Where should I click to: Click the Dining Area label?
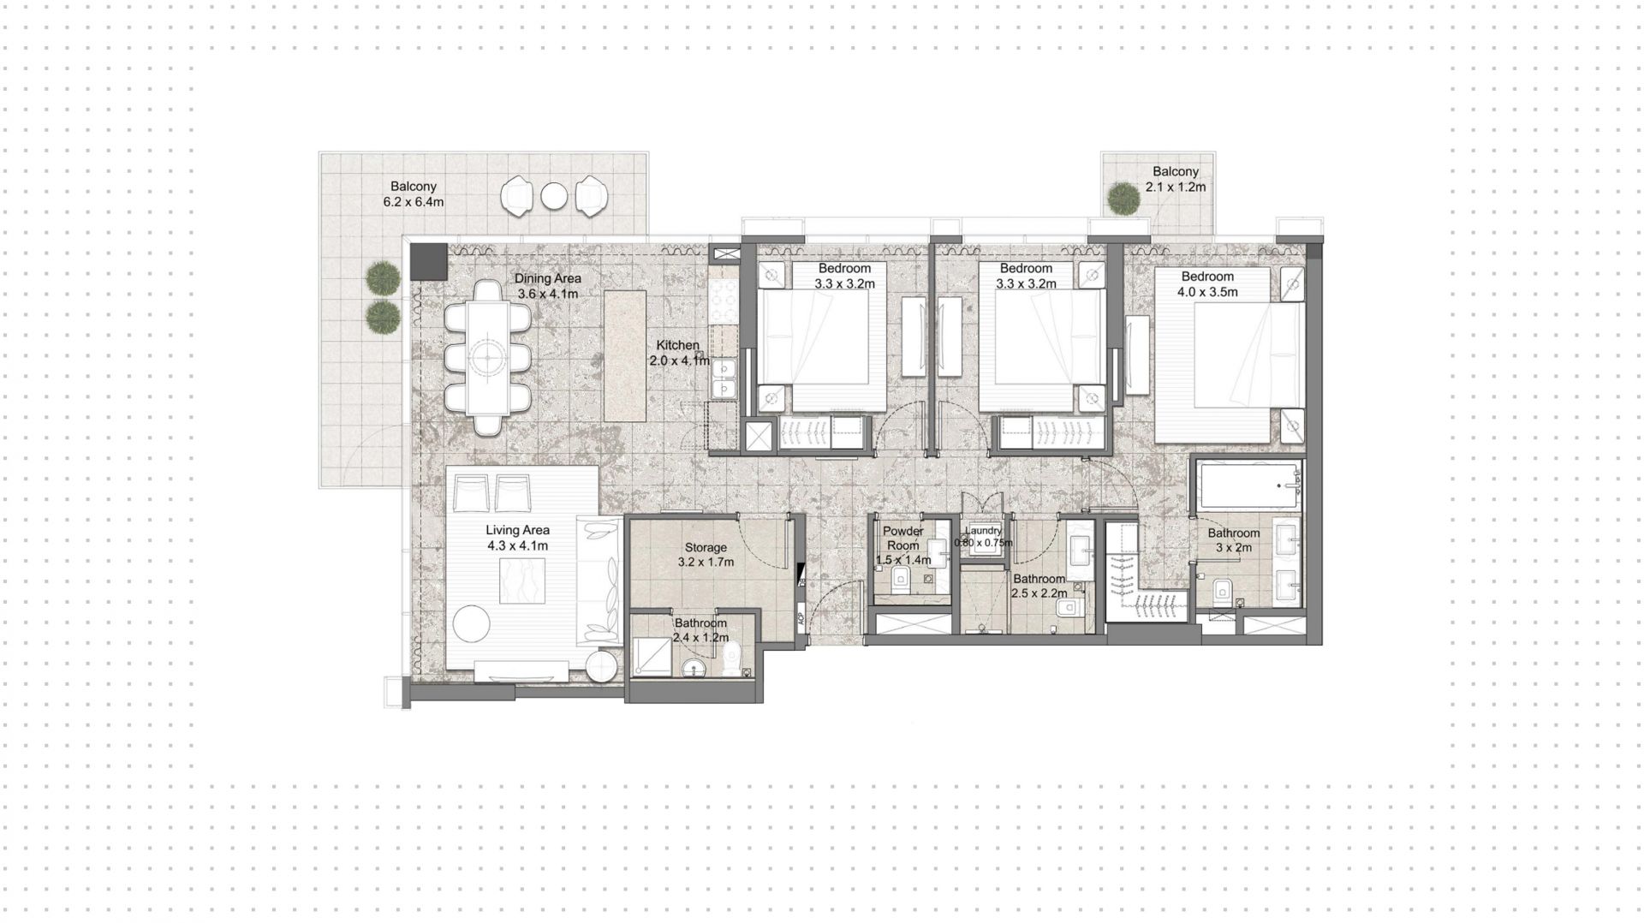coord(548,278)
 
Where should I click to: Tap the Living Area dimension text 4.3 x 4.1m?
coord(517,545)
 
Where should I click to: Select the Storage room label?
coord(706,547)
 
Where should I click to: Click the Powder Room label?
coord(902,538)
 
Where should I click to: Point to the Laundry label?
coord(983,531)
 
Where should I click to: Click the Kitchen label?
coord(678,345)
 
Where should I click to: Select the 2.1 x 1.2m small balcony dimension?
coord(1176,187)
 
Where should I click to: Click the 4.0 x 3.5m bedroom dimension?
coord(1207,292)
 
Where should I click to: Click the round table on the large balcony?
coord(554,197)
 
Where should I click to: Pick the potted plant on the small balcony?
coord(1123,199)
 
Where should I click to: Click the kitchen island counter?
coord(625,355)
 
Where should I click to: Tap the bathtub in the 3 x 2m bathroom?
coord(1248,485)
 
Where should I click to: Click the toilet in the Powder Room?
coord(900,582)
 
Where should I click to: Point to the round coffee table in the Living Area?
coord(472,622)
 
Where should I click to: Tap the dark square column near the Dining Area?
coord(429,260)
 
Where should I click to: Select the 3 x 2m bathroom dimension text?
coord(1234,548)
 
